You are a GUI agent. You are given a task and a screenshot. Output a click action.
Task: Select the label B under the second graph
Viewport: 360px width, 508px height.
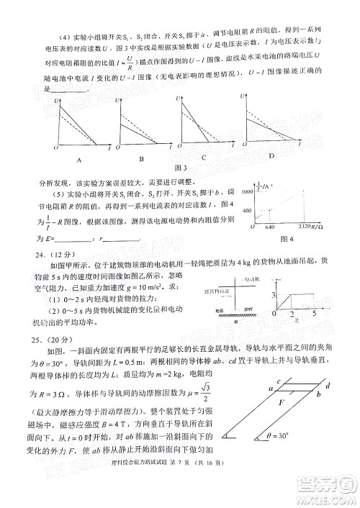pos(142,159)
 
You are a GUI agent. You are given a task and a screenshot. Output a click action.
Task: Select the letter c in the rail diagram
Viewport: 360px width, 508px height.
pos(277,382)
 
